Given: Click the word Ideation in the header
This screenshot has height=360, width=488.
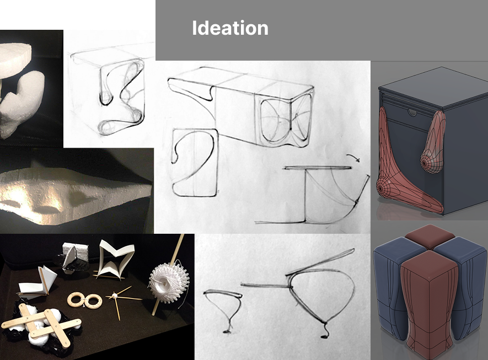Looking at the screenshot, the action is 230,28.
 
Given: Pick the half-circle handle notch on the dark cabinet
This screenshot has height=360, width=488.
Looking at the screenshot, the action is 412,112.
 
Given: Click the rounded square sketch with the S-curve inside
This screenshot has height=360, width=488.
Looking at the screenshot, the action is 195,163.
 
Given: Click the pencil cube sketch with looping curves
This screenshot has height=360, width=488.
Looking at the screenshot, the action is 108,93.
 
